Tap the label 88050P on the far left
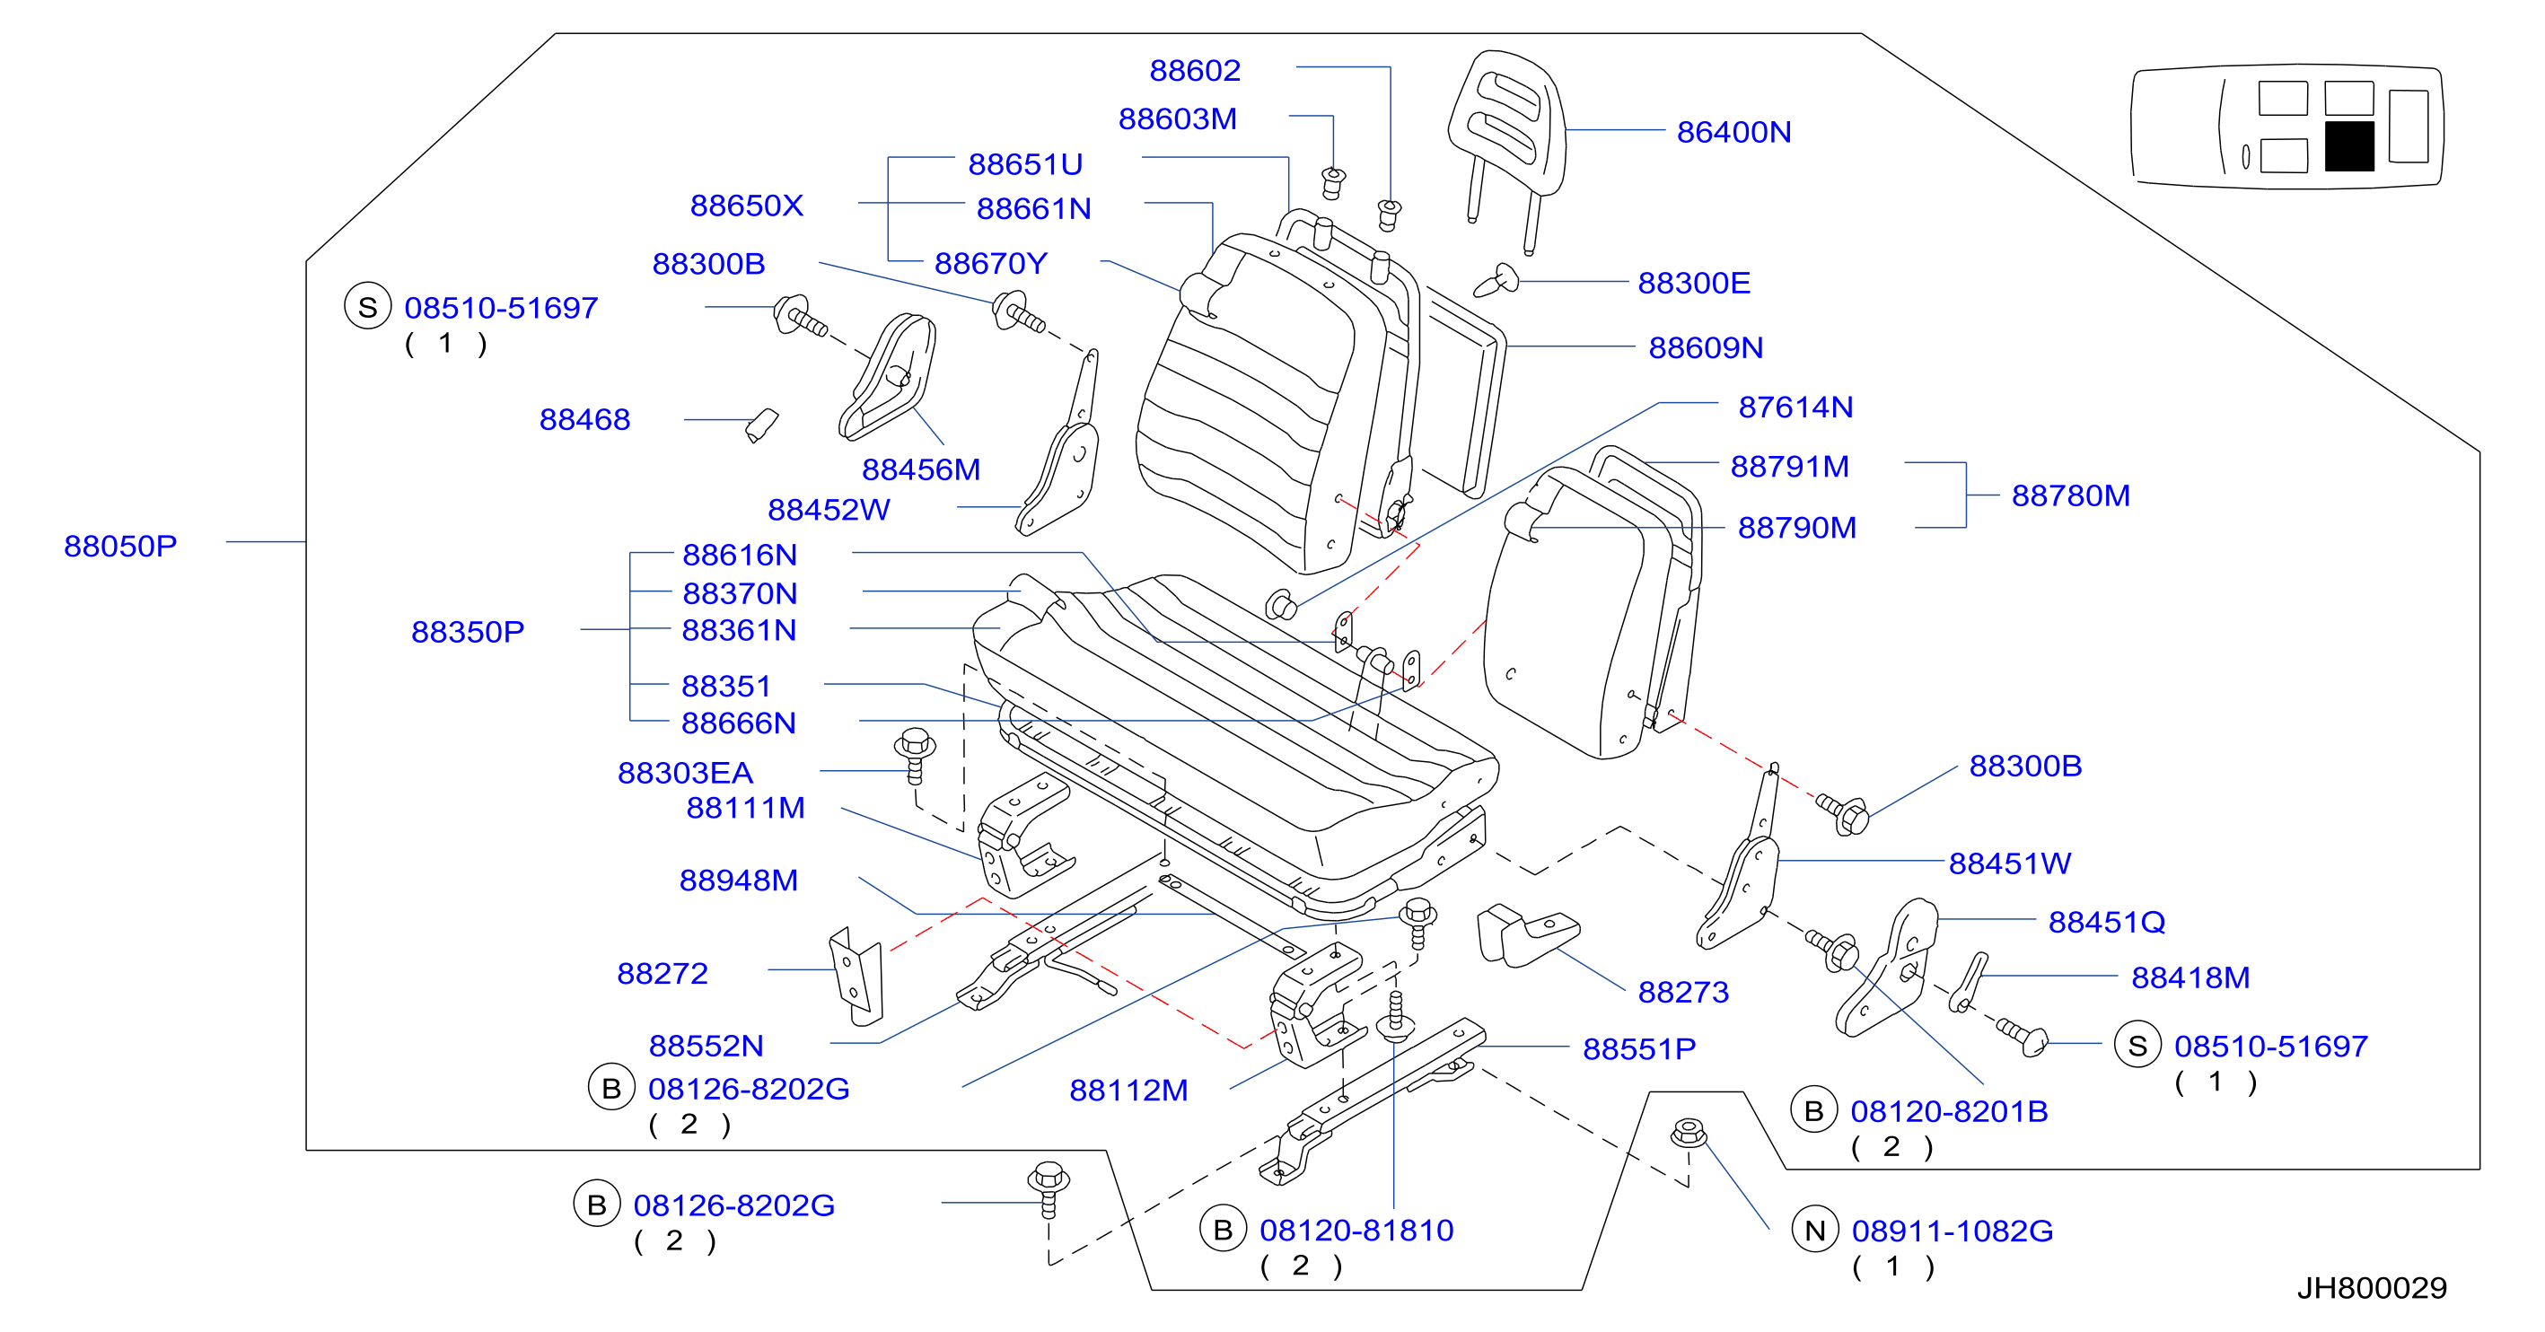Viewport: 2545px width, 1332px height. point(120,546)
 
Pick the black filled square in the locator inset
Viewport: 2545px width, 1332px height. point(2348,146)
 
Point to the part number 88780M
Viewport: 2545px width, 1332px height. point(2071,495)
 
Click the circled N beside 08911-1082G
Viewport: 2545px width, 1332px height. point(1815,1231)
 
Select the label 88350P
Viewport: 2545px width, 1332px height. point(468,631)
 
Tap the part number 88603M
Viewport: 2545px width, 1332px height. point(1177,118)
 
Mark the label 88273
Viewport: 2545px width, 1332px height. point(1683,992)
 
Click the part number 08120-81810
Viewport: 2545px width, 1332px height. point(1356,1231)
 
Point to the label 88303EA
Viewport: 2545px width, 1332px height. point(685,773)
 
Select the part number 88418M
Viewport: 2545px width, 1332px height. point(2190,977)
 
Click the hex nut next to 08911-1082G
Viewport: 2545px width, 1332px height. point(1689,1133)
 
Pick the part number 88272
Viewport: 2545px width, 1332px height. point(662,973)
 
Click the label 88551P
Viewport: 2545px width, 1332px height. point(1639,1048)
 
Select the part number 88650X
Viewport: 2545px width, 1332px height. point(746,206)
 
